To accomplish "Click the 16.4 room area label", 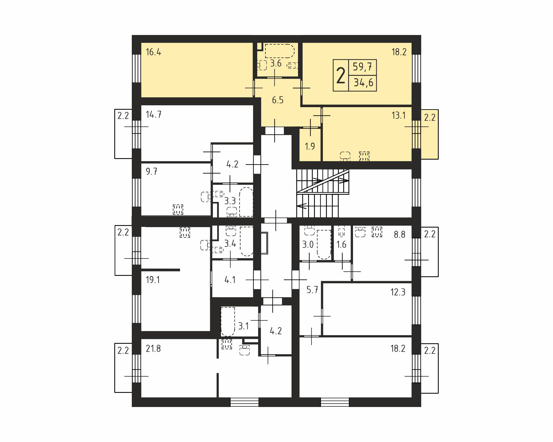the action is pyautogui.click(x=153, y=52).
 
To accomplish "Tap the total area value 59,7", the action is pyautogui.click(x=363, y=66).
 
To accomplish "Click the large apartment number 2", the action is pyautogui.click(x=341, y=76).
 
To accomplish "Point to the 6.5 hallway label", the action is pyautogui.click(x=277, y=100).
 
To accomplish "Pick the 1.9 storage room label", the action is pyautogui.click(x=310, y=146).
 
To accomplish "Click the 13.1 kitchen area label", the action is pyautogui.click(x=398, y=115).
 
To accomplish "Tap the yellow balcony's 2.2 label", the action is pyautogui.click(x=430, y=118).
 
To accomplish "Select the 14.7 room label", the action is pyautogui.click(x=154, y=115).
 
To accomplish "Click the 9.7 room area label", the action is pyautogui.click(x=151, y=171).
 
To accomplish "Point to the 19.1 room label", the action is pyautogui.click(x=153, y=280).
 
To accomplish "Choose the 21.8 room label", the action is pyautogui.click(x=153, y=349).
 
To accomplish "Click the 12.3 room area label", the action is pyautogui.click(x=398, y=292).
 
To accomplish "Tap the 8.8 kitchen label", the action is pyautogui.click(x=400, y=235).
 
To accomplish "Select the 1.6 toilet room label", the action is pyautogui.click(x=341, y=245).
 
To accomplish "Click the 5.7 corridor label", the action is pyautogui.click(x=312, y=289).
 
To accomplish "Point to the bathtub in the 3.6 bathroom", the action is pyautogui.click(x=280, y=51).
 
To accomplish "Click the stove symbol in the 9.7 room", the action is pyautogui.click(x=178, y=210).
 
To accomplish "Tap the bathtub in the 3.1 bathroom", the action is pyautogui.click(x=228, y=322).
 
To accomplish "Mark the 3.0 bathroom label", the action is pyautogui.click(x=308, y=245).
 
